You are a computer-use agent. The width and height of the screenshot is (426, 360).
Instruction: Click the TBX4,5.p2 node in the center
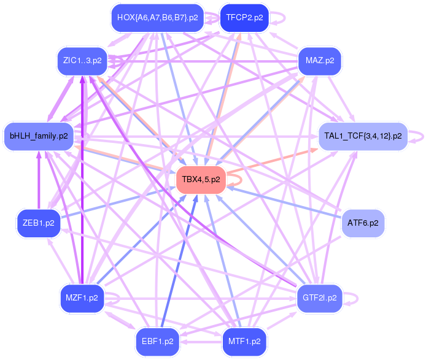pyautogui.click(x=201, y=180)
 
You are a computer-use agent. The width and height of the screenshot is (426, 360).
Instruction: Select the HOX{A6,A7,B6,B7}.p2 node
pyautogui.click(x=156, y=18)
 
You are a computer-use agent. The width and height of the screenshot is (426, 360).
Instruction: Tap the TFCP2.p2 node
pyautogui.click(x=244, y=18)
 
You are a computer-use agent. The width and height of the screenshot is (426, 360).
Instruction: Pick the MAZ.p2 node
pyautogui.click(x=320, y=61)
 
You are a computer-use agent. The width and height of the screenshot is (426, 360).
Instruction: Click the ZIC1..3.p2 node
pyautogui.click(x=82, y=61)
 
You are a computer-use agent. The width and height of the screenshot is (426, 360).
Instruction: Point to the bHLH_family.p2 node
pyautogui.click(x=39, y=136)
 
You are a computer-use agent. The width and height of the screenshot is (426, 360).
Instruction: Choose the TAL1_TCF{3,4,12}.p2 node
pyautogui.click(x=363, y=136)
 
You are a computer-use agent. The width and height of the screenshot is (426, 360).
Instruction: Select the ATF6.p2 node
pyautogui.click(x=362, y=222)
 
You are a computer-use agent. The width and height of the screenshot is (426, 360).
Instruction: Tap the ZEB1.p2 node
pyautogui.click(x=39, y=223)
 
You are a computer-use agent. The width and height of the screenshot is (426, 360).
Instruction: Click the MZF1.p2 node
pyautogui.click(x=82, y=298)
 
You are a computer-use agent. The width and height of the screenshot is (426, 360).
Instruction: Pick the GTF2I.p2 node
pyautogui.click(x=320, y=298)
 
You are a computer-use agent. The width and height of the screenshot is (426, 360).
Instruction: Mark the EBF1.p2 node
pyautogui.click(x=157, y=341)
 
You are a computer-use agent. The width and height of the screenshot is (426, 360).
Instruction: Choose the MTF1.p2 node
pyautogui.click(x=244, y=341)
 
